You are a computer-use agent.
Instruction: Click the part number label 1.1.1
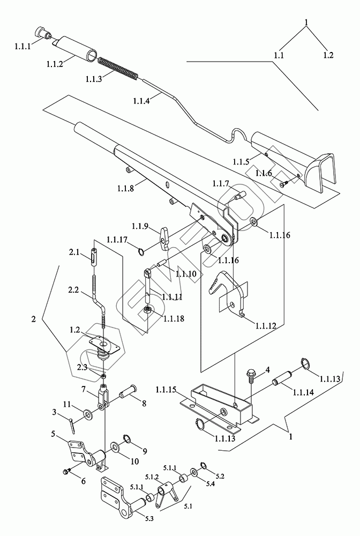(22, 46)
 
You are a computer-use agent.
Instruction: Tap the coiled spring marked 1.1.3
(118, 69)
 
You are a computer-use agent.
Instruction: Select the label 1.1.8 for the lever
(125, 188)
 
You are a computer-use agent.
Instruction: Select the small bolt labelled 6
(67, 471)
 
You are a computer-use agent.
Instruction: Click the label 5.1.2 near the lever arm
(152, 477)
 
